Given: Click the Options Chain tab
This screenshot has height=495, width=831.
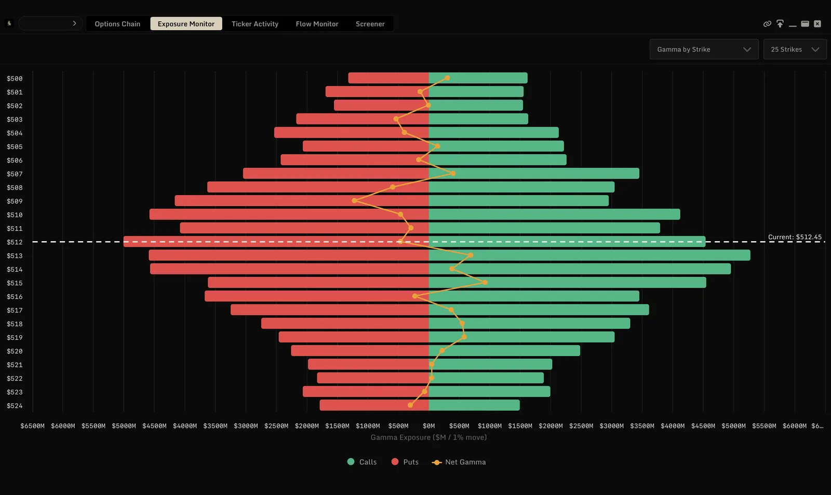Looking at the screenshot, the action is [117, 24].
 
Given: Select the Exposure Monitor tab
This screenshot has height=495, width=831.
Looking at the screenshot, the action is [186, 24].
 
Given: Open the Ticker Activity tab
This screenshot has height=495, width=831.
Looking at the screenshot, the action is [255, 24].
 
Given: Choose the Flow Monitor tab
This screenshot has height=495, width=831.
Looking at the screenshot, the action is [317, 24].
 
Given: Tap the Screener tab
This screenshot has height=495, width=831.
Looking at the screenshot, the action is [370, 24].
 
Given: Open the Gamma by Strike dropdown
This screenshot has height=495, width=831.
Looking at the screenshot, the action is [704, 49].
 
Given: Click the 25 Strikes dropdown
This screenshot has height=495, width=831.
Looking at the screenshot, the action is [795, 49].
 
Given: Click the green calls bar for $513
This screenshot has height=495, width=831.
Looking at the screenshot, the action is [589, 255].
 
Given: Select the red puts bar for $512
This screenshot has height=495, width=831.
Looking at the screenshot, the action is [276, 242].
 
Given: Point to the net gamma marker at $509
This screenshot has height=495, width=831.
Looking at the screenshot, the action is [355, 201].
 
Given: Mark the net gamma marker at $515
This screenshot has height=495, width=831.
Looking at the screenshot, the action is [485, 282].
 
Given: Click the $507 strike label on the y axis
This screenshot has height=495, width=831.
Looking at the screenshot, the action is [15, 174].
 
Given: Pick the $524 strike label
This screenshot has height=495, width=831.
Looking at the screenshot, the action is [15, 406].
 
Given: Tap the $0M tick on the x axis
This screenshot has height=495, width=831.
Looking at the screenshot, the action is [429, 426].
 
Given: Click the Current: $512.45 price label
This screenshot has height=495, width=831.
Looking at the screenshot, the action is [795, 237].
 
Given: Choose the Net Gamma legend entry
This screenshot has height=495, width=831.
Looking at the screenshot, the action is [459, 462].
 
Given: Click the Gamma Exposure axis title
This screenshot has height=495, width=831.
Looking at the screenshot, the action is [428, 437].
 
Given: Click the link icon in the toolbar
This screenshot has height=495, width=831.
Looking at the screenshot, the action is [767, 24].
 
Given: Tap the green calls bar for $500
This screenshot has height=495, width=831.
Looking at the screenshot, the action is [478, 78].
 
